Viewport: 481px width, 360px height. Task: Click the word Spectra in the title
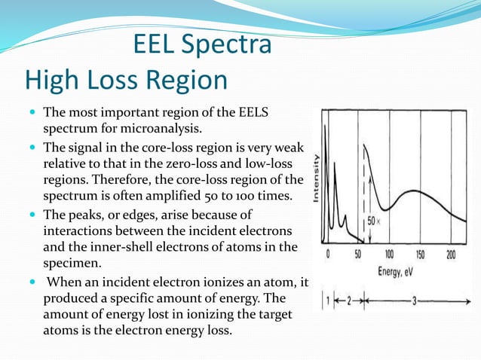[225, 45]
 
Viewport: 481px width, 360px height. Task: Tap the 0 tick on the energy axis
[328, 255]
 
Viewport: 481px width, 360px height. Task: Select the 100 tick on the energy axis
[389, 255]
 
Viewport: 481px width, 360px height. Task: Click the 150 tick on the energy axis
[419, 255]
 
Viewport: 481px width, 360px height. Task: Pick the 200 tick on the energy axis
[451, 255]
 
